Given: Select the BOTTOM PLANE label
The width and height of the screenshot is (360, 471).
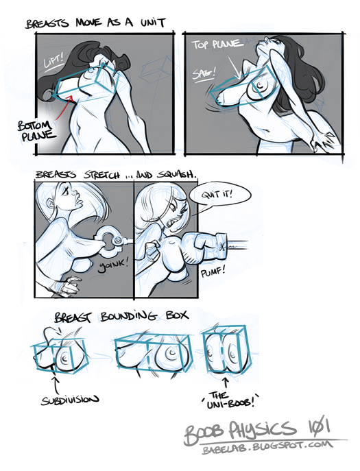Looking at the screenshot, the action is (x=37, y=130).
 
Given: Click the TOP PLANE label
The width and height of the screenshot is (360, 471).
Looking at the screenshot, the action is (x=217, y=44).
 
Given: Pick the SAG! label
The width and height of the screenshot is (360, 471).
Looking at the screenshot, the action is (x=204, y=73).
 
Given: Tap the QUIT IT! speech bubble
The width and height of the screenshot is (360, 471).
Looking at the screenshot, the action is (x=220, y=196).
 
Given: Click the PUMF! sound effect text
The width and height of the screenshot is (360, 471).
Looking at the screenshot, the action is (x=213, y=272).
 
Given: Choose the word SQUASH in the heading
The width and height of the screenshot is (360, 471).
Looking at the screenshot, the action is (x=178, y=175).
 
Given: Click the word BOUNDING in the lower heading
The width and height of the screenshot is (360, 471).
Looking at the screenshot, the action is (x=129, y=316).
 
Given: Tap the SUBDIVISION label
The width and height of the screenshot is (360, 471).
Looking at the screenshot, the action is (x=70, y=400).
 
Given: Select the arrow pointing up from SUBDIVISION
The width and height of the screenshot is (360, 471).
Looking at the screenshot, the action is (x=56, y=385).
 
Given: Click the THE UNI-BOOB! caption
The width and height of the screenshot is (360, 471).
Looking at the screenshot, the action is (x=229, y=400).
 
